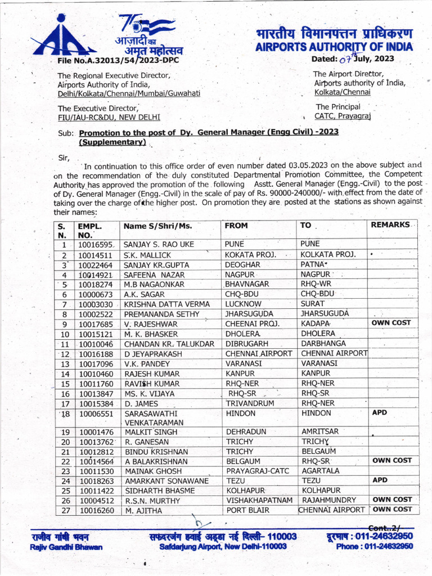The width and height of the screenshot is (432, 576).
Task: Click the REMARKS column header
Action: (x=390, y=225)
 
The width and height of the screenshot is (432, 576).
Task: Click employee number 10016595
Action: (x=96, y=245)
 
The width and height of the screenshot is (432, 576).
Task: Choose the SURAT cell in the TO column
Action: (x=313, y=304)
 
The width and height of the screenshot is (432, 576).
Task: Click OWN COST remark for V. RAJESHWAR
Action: (x=391, y=323)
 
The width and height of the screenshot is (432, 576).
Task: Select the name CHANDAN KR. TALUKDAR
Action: (x=169, y=344)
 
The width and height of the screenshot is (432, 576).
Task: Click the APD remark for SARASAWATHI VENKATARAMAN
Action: (x=380, y=412)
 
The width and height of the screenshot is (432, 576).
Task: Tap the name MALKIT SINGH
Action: (x=151, y=432)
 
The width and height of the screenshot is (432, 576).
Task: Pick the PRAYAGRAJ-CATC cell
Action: (x=258, y=471)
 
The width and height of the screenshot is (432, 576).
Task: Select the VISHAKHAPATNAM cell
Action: (x=259, y=500)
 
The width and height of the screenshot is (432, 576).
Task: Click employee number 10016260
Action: (x=96, y=510)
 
